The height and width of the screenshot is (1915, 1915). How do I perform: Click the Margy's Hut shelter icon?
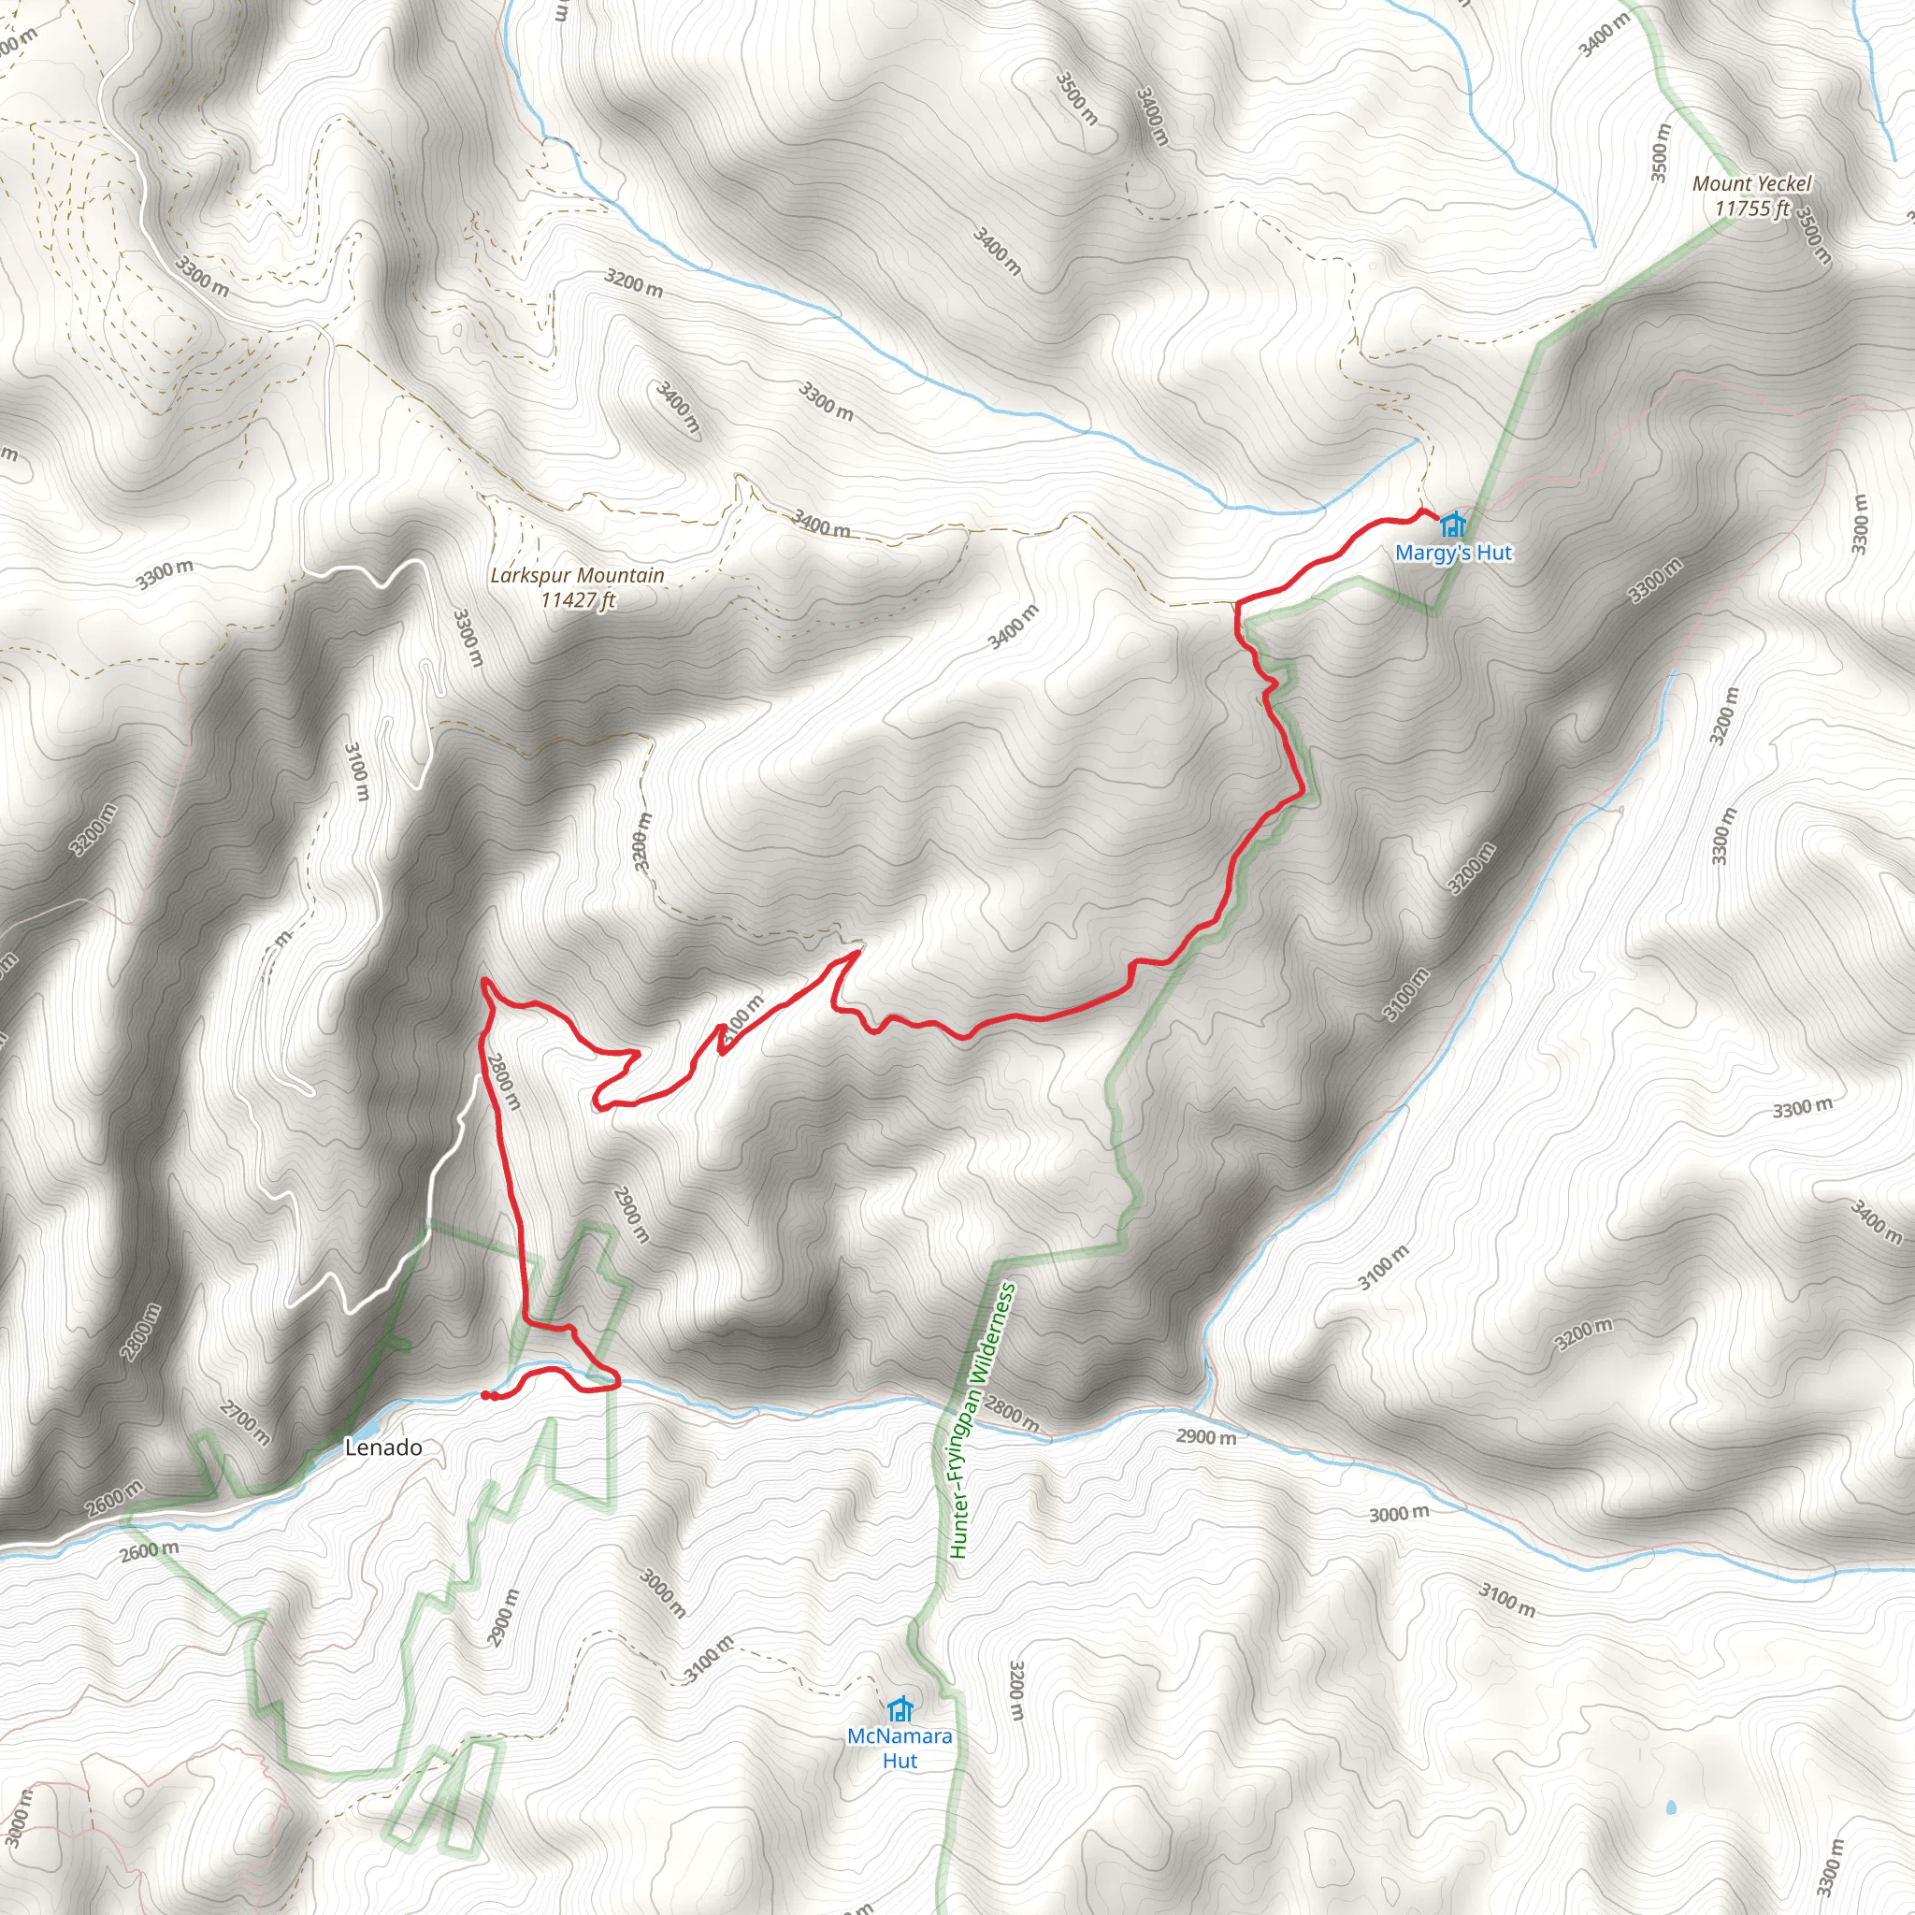click(1453, 524)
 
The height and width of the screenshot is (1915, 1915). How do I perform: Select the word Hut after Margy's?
click(1491, 554)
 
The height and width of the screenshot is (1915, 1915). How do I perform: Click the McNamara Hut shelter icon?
click(900, 1710)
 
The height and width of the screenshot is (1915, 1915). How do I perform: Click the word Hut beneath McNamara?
click(900, 1762)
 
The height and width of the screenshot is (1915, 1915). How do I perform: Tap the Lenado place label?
click(382, 1448)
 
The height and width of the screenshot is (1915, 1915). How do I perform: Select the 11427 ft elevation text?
click(578, 599)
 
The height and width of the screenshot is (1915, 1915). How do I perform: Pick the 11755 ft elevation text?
click(1752, 209)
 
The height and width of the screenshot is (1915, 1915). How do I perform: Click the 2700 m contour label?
click(244, 1423)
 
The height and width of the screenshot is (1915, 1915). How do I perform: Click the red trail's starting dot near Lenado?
click(484, 1396)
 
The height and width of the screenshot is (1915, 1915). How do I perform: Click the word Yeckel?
click(1781, 183)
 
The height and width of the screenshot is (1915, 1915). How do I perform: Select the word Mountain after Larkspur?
click(623, 575)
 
